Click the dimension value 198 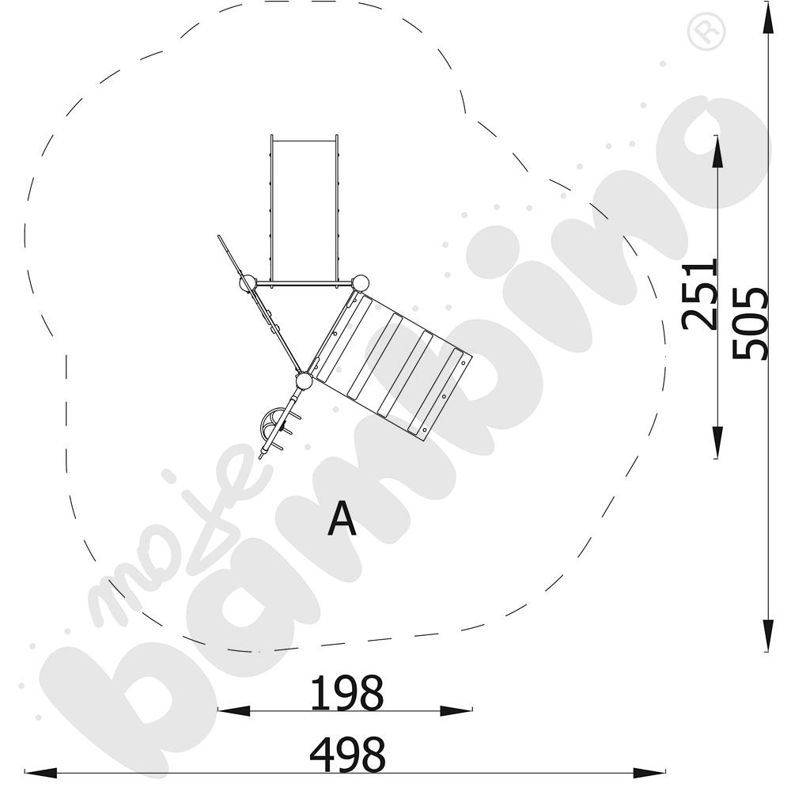(346, 693)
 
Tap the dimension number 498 (347, 755)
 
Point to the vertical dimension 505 (750, 323)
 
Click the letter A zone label (342, 518)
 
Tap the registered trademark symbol (706, 32)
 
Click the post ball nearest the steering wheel (305, 381)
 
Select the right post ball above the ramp (360, 283)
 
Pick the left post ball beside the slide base (248, 283)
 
